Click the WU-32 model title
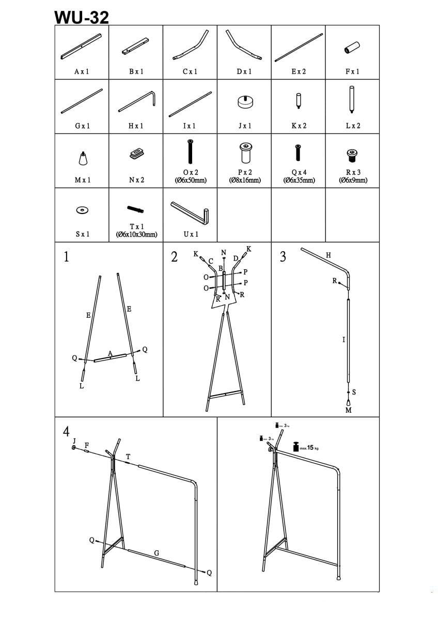(x=82, y=17)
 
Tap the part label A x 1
(x=82, y=72)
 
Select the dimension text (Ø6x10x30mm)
(x=136, y=234)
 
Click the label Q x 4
(x=298, y=172)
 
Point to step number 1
(x=66, y=257)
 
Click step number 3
(x=283, y=257)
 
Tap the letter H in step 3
(x=328, y=255)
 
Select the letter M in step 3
(x=348, y=410)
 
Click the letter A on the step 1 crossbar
(x=110, y=353)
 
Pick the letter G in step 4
(x=157, y=553)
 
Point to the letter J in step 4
(x=74, y=441)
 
